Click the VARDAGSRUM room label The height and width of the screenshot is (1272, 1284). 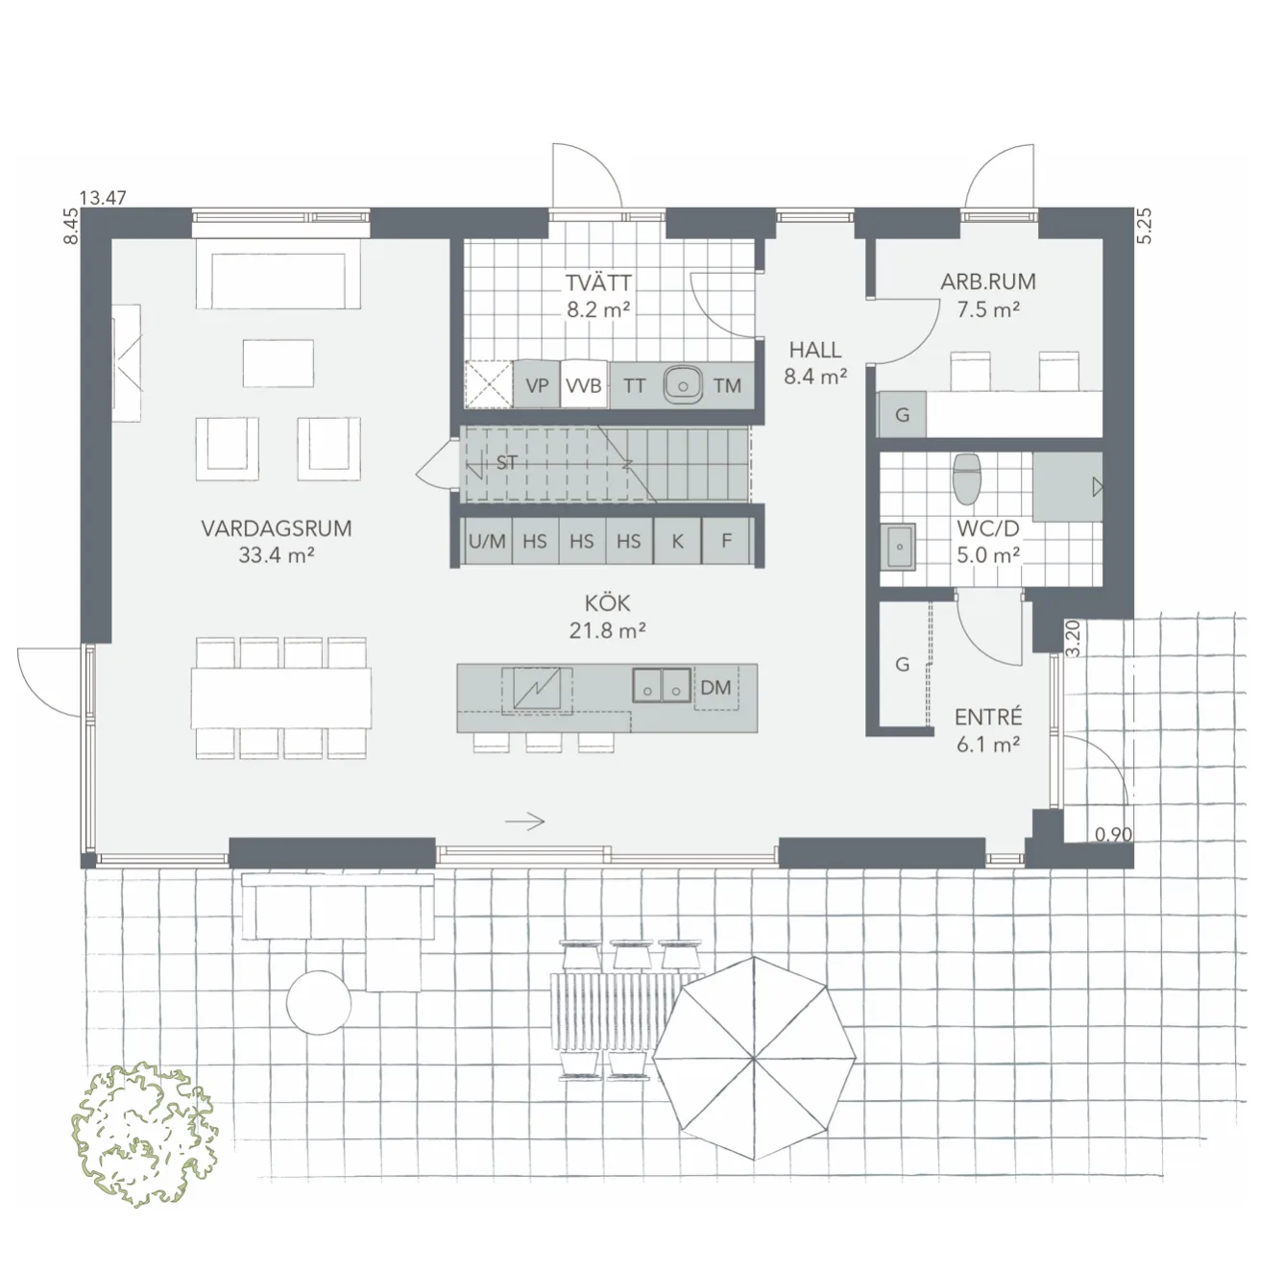coord(276,528)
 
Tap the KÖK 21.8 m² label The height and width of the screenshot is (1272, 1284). coord(607,616)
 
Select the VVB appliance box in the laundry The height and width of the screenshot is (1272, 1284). coord(583,386)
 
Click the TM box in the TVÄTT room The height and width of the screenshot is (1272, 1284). coord(727,386)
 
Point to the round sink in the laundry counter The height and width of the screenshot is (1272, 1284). coord(683,384)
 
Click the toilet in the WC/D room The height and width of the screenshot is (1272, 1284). coord(965,478)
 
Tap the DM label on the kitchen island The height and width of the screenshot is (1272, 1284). coord(715,688)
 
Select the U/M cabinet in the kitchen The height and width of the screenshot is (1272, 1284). coord(487,542)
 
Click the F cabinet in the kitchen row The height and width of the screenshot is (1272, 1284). coord(726,542)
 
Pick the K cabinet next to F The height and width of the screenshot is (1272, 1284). coord(677,542)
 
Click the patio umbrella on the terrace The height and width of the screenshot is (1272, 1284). coord(754,1058)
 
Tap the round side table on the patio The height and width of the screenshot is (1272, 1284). coord(319,1002)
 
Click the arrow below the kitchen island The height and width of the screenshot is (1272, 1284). coord(525,821)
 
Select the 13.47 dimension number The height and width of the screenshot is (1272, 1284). coord(103,199)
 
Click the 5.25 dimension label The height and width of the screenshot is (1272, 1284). coord(1143,227)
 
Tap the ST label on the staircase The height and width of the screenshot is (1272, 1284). coord(507,463)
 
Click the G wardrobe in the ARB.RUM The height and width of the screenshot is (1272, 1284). coord(902,415)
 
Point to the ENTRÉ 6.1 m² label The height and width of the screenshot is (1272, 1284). coord(988,730)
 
